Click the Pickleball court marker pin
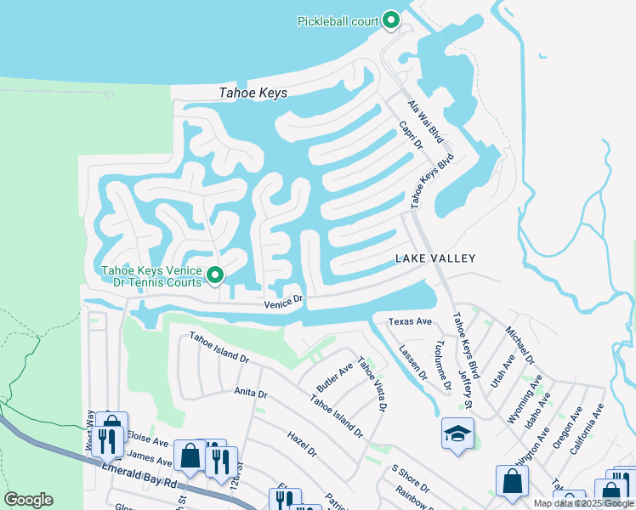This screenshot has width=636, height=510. (x=391, y=20)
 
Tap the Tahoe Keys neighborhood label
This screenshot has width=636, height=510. (x=253, y=93)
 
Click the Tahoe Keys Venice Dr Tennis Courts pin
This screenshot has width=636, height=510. (x=216, y=275)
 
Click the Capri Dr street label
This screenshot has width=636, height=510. (x=411, y=135)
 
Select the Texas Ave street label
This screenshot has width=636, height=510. (x=410, y=322)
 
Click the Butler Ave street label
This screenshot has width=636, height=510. (x=334, y=377)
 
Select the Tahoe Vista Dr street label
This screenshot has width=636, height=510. (x=372, y=383)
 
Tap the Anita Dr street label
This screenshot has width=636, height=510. (x=251, y=394)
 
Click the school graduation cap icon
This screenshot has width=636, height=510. (x=457, y=433)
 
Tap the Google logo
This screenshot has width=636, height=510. (x=28, y=500)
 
